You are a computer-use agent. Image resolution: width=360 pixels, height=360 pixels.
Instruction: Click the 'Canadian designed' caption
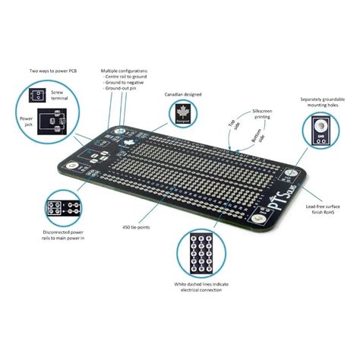click(183, 94)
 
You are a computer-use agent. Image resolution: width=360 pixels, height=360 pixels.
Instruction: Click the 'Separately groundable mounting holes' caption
click(319, 103)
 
